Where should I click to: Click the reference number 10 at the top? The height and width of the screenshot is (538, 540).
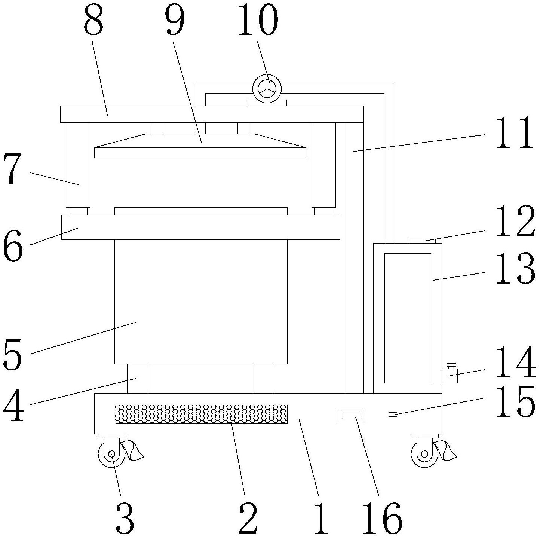pos(258,19)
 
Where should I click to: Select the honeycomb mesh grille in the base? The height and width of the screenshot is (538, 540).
pos(201,414)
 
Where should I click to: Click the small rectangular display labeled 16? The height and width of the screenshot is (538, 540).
pos(351,415)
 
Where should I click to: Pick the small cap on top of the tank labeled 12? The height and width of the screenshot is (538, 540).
pos(421,241)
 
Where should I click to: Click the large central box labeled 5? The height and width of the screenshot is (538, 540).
pos(201,301)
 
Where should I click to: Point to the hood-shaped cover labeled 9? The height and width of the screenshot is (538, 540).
pos(200,146)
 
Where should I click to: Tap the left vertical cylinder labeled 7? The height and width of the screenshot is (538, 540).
pos(78,165)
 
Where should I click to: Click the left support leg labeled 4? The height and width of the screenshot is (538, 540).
pos(137,378)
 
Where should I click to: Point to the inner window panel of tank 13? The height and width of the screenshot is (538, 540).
pos(408,318)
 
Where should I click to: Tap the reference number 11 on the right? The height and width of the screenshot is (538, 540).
pos(514,133)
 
